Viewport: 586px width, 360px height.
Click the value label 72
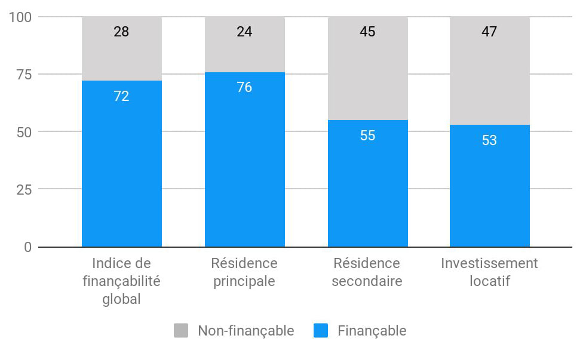tap(121, 96)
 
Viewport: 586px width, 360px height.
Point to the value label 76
tap(244, 88)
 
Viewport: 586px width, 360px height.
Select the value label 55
tap(367, 136)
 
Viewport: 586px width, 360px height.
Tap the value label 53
tap(489, 140)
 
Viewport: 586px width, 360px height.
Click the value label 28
tap(121, 32)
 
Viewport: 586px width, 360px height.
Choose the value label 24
tap(244, 32)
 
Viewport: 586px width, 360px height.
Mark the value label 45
tap(367, 32)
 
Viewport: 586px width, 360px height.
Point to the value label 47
tap(489, 32)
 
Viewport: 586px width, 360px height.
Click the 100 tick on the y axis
tap(20, 17)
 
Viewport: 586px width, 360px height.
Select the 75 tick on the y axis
tap(24, 75)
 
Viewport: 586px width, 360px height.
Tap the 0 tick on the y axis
tap(27, 247)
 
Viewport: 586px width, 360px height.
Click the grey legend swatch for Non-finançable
tap(181, 331)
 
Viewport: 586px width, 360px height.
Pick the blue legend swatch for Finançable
tap(321, 331)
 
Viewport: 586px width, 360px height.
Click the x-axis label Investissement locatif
tap(489, 272)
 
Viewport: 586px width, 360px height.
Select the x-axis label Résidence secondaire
tap(367, 272)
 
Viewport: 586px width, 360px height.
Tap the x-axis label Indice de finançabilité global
tap(121, 281)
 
